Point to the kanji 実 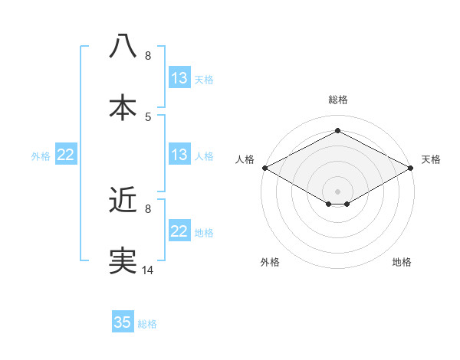click(123, 260)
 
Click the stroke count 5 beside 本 click(148, 116)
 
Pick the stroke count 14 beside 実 click(148, 270)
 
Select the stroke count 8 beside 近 click(148, 208)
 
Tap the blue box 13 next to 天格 click(179, 78)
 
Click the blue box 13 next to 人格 click(179, 155)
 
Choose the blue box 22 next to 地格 click(179, 231)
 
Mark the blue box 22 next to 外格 click(66, 155)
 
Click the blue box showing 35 click(123, 322)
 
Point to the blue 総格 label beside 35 click(147, 324)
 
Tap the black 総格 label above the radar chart click(338, 100)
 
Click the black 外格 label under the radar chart click(270, 262)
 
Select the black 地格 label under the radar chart click(402, 262)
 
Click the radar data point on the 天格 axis click(412, 168)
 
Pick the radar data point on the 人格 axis click(264, 168)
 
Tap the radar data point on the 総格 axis click(338, 131)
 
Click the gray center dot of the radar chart click(338, 191)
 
